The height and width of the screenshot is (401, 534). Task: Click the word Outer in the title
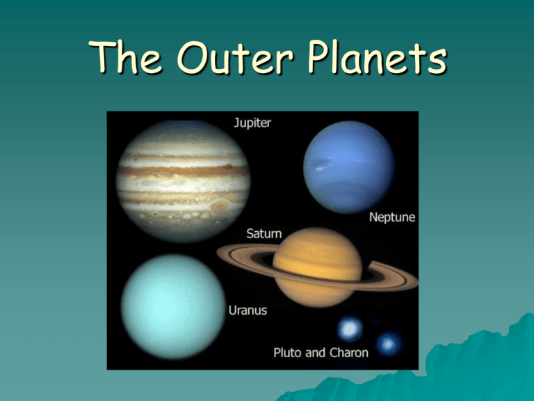point(234,57)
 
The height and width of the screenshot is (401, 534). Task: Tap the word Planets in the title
point(377,56)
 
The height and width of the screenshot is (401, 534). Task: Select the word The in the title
point(125,56)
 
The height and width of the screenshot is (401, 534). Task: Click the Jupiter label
point(252,123)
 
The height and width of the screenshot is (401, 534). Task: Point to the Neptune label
point(392,217)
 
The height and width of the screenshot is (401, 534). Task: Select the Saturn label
point(264,234)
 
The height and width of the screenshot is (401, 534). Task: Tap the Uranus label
point(248,310)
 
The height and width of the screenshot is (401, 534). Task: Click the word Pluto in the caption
point(288,352)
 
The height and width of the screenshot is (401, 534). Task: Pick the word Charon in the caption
point(349,352)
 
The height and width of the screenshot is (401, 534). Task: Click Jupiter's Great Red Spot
point(220,205)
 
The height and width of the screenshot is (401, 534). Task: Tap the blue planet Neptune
point(349,167)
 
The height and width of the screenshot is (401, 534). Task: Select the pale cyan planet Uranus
point(173,306)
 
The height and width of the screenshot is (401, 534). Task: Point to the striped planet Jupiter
point(184,181)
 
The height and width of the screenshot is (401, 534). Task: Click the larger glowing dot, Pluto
point(350,329)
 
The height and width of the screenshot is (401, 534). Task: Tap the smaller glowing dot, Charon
point(388,344)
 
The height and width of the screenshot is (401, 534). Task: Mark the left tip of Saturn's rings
point(218,253)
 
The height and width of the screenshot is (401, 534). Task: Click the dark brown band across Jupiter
point(184,170)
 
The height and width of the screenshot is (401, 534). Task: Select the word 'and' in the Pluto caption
point(316,352)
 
